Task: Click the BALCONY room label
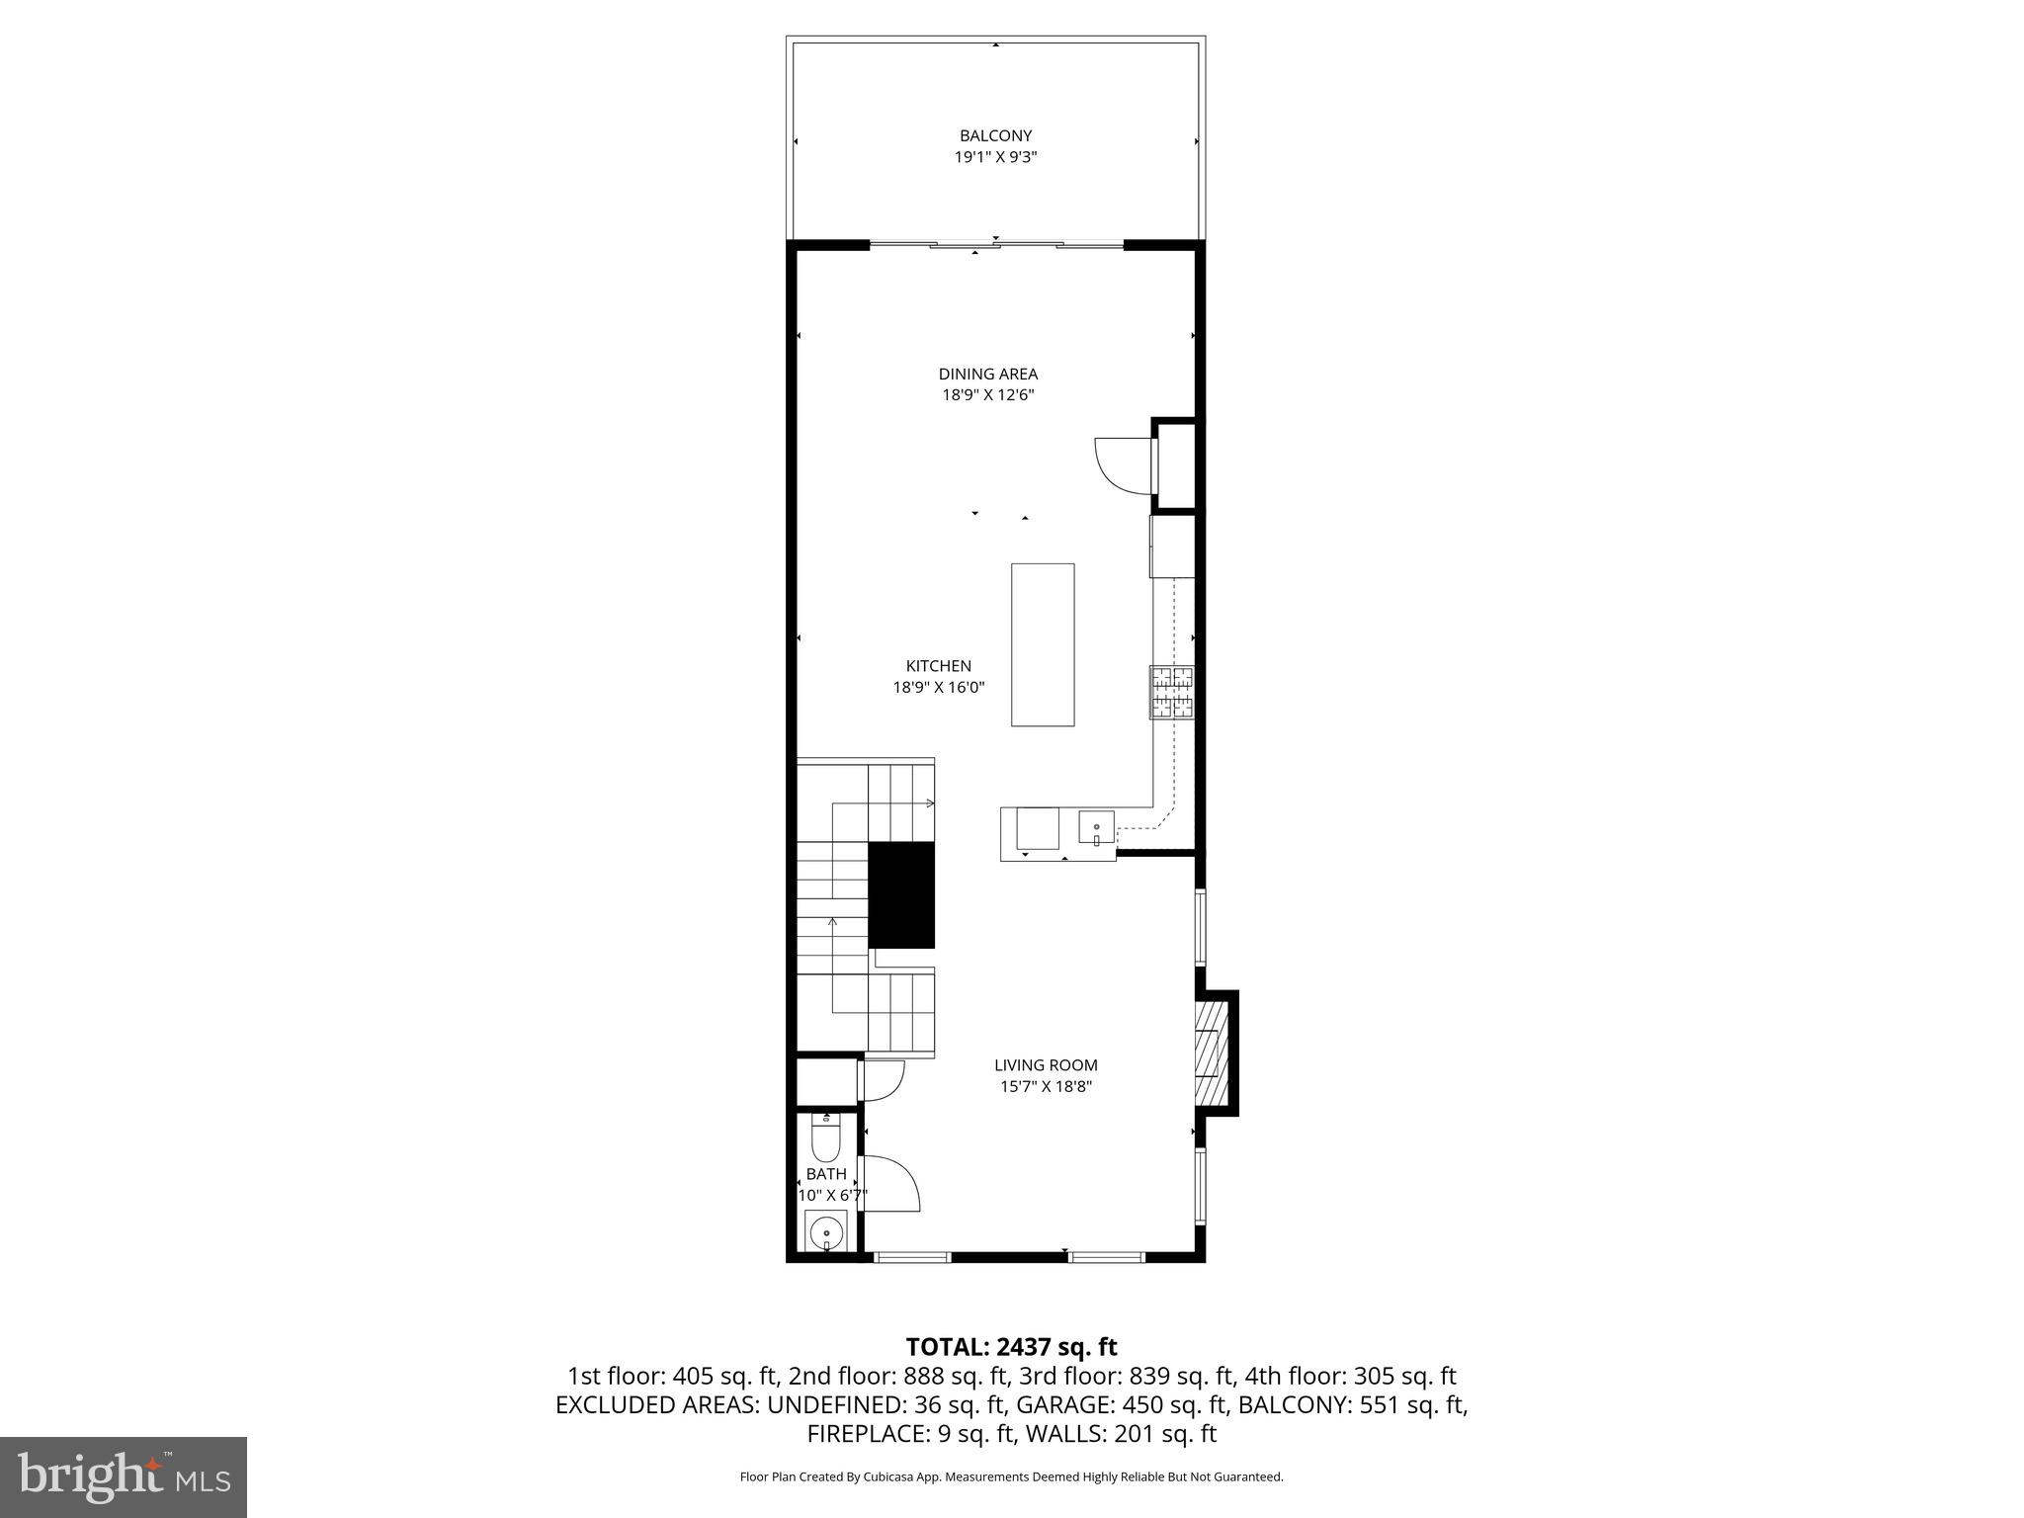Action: pos(995,135)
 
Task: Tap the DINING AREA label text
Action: pos(987,374)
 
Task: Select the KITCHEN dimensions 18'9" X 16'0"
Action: pos(939,687)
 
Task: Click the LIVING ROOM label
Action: pos(1046,1065)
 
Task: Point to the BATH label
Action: pos(826,1174)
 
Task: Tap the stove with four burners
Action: pos(1171,692)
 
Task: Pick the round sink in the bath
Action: pos(824,1233)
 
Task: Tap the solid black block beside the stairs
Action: pos(901,895)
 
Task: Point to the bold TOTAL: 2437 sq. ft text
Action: pos(1011,1347)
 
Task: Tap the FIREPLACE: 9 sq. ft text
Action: pos(911,1434)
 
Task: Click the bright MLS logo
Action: pos(124,1476)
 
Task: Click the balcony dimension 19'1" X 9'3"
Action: pos(995,157)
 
